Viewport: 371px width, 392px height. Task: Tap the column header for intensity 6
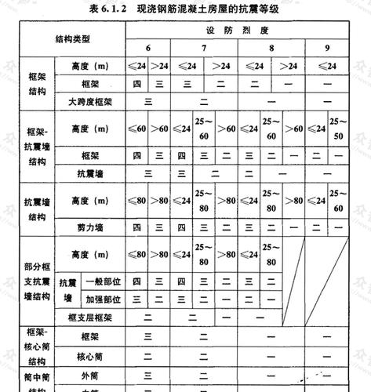pyautogui.click(x=148, y=48)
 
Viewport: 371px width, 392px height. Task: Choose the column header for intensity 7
pyautogui.click(x=204, y=48)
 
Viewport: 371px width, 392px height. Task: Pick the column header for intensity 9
pyautogui.click(x=328, y=48)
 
